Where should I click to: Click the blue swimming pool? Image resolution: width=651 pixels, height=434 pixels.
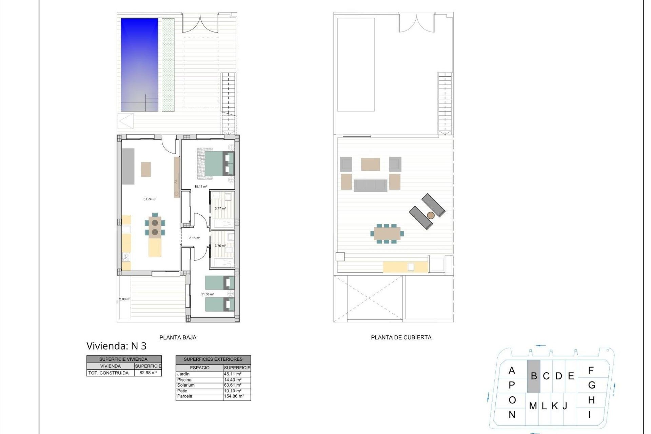pyautogui.click(x=139, y=64)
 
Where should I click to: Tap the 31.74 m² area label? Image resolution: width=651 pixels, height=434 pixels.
pyautogui.click(x=150, y=199)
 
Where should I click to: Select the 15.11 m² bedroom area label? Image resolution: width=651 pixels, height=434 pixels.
pyautogui.click(x=201, y=186)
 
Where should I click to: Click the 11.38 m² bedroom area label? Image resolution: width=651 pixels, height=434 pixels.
pyautogui.click(x=208, y=294)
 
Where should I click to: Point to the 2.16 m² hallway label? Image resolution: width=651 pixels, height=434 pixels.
pyautogui.click(x=195, y=238)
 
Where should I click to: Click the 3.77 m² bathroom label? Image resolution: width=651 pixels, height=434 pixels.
pyautogui.click(x=220, y=209)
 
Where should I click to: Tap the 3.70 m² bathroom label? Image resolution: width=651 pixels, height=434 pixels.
pyautogui.click(x=220, y=246)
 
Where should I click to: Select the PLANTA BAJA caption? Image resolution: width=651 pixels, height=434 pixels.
pyautogui.click(x=178, y=337)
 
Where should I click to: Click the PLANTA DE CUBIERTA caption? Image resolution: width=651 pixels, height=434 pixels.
pyautogui.click(x=401, y=337)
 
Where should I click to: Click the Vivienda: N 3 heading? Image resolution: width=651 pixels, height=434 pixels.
pyautogui.click(x=116, y=346)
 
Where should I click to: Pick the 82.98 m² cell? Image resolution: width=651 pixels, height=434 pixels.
pyautogui.click(x=148, y=373)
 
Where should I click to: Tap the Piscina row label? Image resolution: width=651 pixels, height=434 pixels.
pyautogui.click(x=184, y=380)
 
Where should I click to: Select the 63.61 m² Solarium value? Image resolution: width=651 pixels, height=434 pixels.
pyautogui.click(x=233, y=385)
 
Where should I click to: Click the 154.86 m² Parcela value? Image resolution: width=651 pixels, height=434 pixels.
pyautogui.click(x=234, y=396)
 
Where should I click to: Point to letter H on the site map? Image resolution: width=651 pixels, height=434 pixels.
pyautogui.click(x=591, y=400)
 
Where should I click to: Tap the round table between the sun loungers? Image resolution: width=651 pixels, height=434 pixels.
pyautogui.click(x=431, y=215)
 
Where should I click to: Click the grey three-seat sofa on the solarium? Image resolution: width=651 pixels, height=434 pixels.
pyautogui.click(x=370, y=185)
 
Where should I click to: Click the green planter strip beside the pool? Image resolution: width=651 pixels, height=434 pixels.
pyautogui.click(x=168, y=64)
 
